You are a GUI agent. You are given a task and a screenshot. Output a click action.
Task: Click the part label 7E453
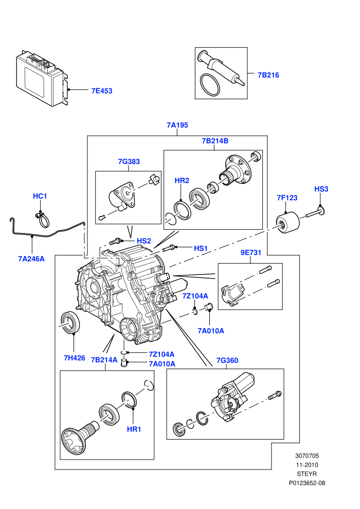[102, 91]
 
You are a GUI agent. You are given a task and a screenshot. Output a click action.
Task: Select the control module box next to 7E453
[43, 78]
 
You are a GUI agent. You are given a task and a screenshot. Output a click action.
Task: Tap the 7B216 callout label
[268, 75]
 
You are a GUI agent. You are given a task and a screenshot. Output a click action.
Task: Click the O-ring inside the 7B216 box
[210, 85]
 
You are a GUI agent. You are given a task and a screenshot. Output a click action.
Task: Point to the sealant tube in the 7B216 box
[221, 68]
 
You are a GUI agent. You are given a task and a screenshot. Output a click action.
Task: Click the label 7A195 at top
[177, 125]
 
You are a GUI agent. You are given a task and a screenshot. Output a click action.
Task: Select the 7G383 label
[129, 161]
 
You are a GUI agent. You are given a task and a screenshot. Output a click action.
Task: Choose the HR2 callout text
[182, 180]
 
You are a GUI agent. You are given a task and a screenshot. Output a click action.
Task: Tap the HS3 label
[321, 189]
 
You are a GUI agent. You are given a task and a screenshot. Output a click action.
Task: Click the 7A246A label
[31, 259]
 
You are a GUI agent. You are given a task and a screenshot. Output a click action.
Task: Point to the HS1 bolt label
[201, 248]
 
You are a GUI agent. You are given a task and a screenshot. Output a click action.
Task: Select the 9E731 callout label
[250, 252]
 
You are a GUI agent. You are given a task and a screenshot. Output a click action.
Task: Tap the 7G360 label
[227, 360]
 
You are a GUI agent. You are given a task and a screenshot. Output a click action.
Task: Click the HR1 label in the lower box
[134, 429]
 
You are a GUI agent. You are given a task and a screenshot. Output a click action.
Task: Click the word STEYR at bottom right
[307, 474]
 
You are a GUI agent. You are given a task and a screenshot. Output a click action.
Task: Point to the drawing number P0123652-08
[307, 483]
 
